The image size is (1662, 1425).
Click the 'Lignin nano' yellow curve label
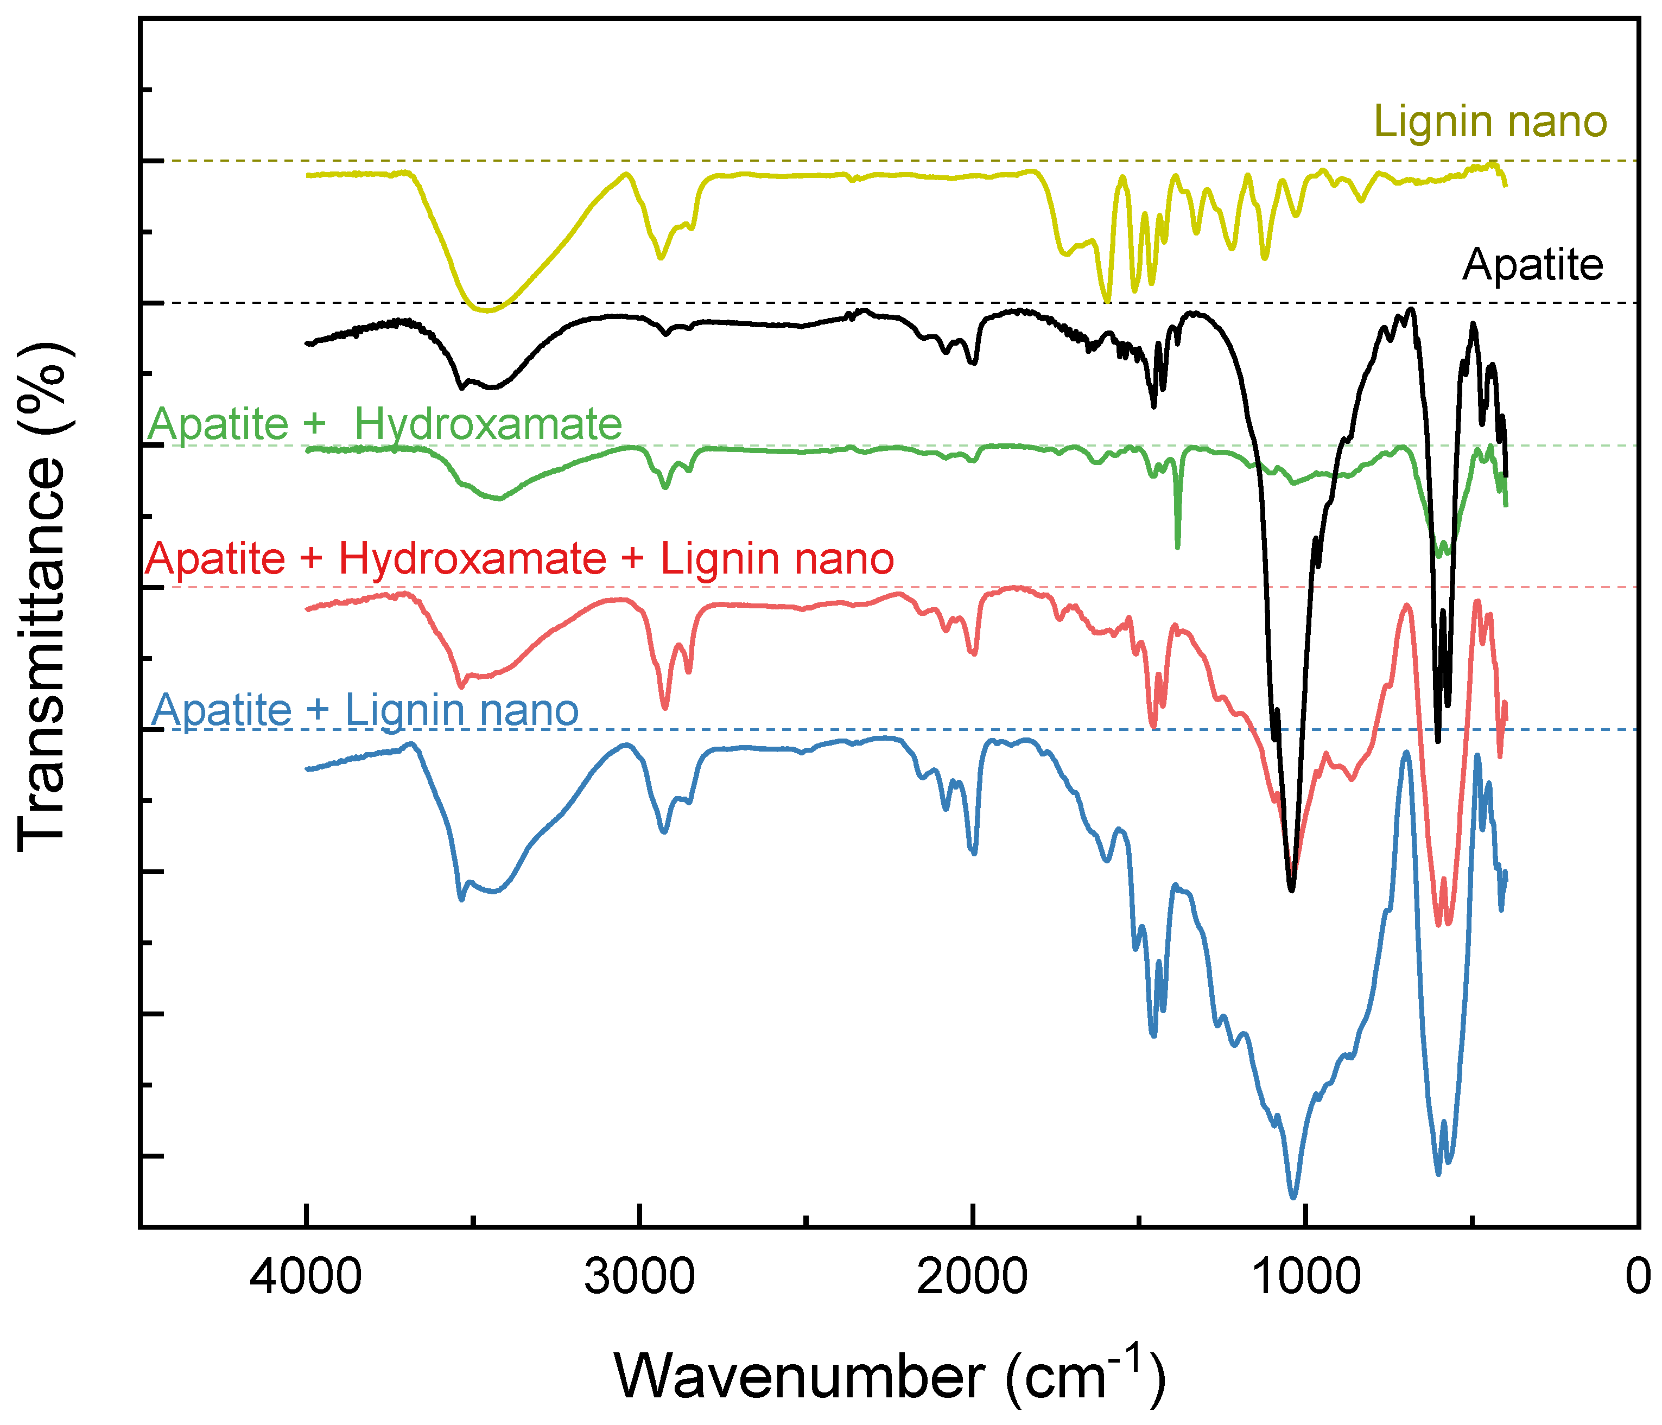tap(1491, 122)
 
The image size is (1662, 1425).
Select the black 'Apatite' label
tap(1532, 265)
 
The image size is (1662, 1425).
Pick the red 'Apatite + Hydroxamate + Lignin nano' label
tap(520, 558)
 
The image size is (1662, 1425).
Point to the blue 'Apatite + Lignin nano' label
tap(365, 710)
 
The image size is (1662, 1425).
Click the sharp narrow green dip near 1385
tap(1177, 547)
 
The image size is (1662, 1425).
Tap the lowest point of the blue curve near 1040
tap(1293, 1197)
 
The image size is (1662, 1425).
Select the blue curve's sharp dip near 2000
tap(974, 853)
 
